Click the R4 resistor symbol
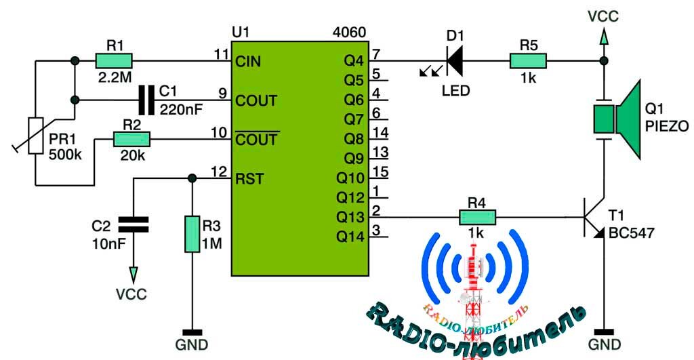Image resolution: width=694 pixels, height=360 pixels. [x=478, y=218]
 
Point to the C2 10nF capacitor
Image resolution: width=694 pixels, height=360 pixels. [x=134, y=224]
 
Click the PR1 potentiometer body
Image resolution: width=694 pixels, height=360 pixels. [x=35, y=136]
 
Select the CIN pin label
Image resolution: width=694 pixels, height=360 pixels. [x=249, y=62]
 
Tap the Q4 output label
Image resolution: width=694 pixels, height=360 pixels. [x=354, y=62]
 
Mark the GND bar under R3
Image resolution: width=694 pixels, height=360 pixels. [x=192, y=332]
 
